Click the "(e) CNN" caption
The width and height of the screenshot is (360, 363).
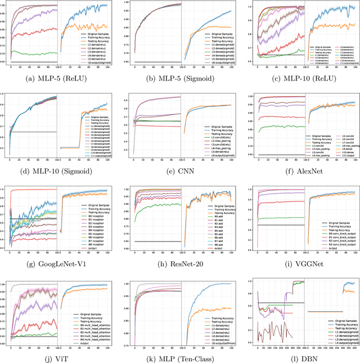click(180, 172)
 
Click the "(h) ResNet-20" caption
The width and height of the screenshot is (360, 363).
click(180, 265)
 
